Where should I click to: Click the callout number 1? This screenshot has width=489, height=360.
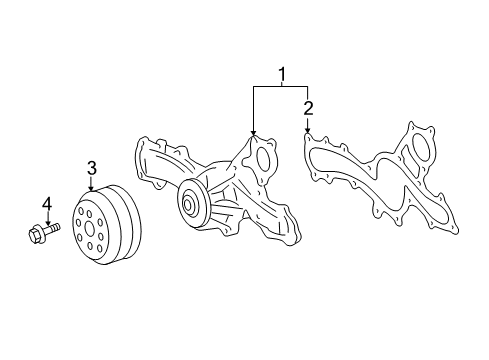click(x=282, y=73)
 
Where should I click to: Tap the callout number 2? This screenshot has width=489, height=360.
click(x=308, y=107)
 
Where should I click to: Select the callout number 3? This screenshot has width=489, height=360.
click(x=91, y=167)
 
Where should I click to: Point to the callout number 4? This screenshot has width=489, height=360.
click(x=46, y=204)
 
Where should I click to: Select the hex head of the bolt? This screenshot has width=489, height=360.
click(x=36, y=236)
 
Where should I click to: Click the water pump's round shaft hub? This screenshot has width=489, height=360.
click(x=188, y=207)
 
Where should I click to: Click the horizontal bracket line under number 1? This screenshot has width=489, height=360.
click(x=281, y=87)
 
